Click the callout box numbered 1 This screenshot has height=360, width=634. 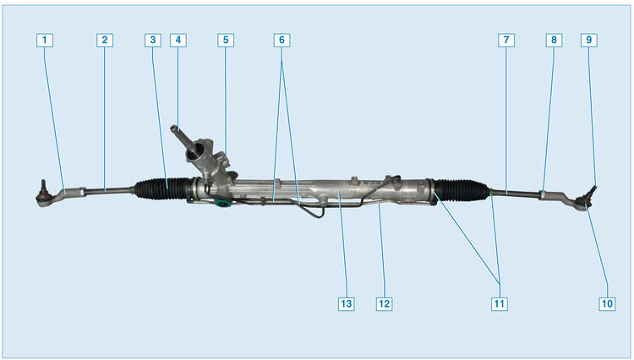(45, 40)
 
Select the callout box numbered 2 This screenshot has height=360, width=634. (103, 40)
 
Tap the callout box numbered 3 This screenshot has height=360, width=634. (152, 40)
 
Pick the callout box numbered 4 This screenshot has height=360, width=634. (177, 40)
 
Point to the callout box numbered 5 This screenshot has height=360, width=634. (224, 40)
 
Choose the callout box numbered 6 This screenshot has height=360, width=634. (282, 40)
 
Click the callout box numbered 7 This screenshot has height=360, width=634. (505, 40)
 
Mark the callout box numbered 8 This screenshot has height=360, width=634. (553, 40)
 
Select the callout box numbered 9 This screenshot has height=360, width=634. (588, 40)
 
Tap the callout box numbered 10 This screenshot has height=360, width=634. (606, 303)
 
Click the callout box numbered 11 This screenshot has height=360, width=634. (500, 303)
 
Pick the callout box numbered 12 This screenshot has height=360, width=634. (385, 303)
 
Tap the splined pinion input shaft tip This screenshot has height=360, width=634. (178, 129)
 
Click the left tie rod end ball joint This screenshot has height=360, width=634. (43, 199)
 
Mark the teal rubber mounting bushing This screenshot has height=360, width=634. (222, 204)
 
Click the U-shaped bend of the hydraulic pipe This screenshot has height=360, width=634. (314, 214)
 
